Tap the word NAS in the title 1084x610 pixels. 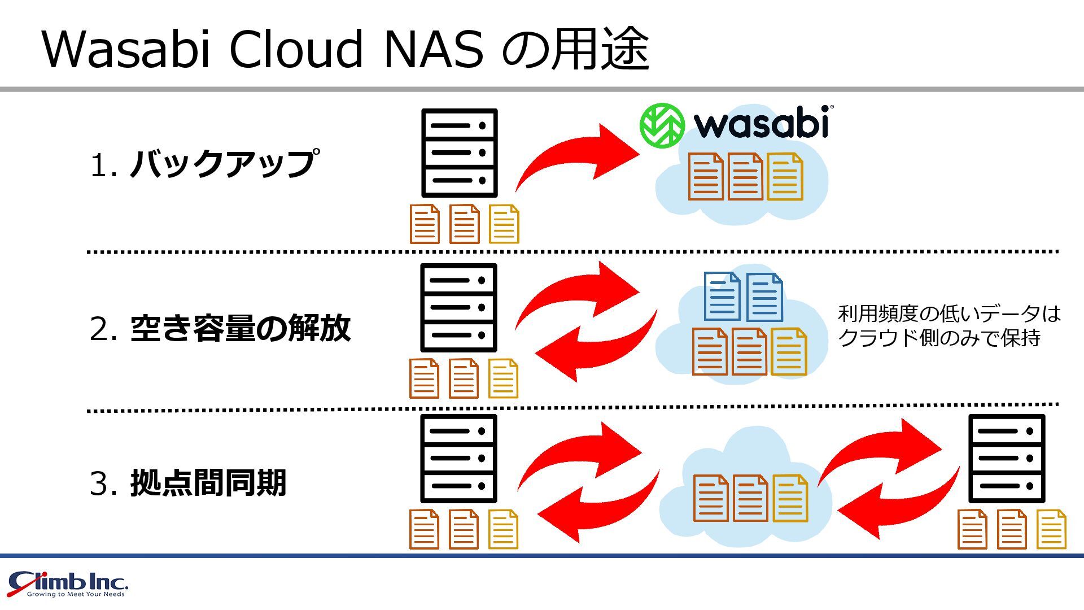pyautogui.click(x=433, y=50)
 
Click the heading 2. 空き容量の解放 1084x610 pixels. pyautogui.click(x=220, y=329)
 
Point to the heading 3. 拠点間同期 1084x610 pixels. pyautogui.click(x=188, y=483)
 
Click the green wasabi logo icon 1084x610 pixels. pyautogui.click(x=662, y=125)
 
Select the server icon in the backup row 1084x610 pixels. pyautogui.click(x=459, y=152)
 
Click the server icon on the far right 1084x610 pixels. pyautogui.click(x=1007, y=458)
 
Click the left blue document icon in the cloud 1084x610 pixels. pyautogui.click(x=722, y=297)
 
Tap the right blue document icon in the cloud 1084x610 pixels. pyautogui.click(x=764, y=297)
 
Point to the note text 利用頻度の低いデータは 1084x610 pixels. pyautogui.click(x=949, y=313)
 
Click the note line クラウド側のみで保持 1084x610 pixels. pyautogui.click(x=939, y=338)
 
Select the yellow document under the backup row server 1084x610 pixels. pyautogui.click(x=504, y=224)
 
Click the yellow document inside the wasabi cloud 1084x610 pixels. pyautogui.click(x=785, y=176)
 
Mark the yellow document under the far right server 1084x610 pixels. pyautogui.click(x=1051, y=529)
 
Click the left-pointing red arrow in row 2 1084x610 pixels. pyautogui.click(x=593, y=347)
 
